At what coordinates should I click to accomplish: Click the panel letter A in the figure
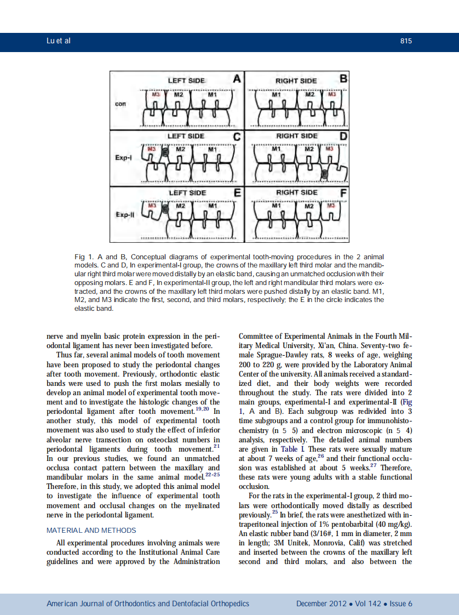[237, 79]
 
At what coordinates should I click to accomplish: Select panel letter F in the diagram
[343, 193]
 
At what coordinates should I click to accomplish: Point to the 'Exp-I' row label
[123, 157]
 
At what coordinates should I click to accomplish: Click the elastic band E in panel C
[167, 153]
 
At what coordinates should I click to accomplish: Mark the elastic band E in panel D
[324, 174]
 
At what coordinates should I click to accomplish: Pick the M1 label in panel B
[277, 94]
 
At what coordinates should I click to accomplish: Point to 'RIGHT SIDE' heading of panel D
[296, 136]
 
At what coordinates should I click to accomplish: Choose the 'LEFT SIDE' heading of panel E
[187, 193]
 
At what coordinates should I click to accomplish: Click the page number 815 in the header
[406, 41]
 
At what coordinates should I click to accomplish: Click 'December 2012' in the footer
[321, 603]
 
